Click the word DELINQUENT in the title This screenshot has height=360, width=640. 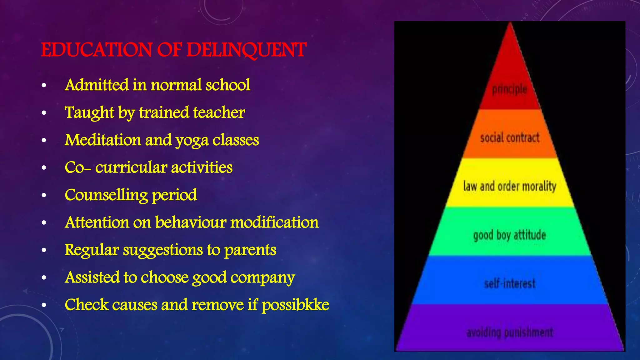[246, 50]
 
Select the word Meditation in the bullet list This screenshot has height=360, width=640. [103, 140]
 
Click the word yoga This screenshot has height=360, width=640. [192, 140]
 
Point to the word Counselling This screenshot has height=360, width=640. [106, 195]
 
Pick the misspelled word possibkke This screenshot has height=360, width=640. [295, 305]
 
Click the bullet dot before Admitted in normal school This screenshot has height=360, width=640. [44, 85]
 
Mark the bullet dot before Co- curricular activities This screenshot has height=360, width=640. [44, 168]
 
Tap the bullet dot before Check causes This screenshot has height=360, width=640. [44, 305]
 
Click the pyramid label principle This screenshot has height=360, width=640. [510, 90]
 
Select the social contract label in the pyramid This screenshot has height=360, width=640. [510, 137]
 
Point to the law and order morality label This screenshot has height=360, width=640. [510, 186]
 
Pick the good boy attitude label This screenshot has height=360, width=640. [510, 235]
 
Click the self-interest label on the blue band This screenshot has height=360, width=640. [510, 283]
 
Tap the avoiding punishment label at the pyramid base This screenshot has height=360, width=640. [510, 332]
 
